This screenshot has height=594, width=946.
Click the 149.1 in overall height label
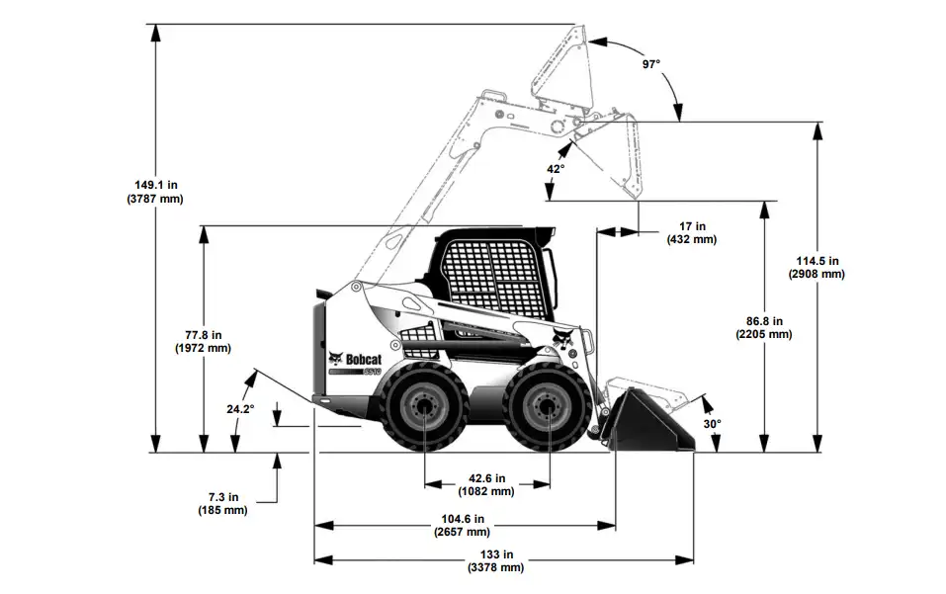(155, 184)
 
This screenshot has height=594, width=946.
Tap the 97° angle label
(650, 64)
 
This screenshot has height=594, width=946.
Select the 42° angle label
(556, 169)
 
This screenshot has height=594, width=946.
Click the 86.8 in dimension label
(764, 320)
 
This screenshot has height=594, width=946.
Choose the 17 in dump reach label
(692, 226)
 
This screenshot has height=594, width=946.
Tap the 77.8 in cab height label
(203, 334)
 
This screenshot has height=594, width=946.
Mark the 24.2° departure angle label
(239, 408)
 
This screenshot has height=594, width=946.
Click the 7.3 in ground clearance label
(222, 497)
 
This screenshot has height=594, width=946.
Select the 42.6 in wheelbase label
(486, 477)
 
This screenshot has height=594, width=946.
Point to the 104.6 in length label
(462, 519)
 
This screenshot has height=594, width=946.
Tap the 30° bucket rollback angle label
(712, 423)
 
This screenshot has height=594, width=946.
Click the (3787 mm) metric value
(155, 199)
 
